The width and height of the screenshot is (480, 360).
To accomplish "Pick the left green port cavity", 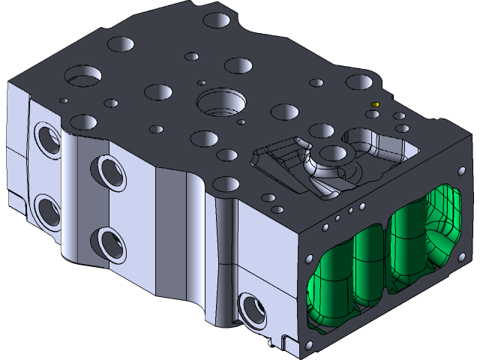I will tap(346, 274).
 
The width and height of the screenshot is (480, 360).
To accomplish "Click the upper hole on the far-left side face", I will tap(46, 139).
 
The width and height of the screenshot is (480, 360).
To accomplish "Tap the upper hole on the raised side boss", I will tap(106, 172).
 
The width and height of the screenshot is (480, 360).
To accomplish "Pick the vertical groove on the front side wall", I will tap(225, 255).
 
